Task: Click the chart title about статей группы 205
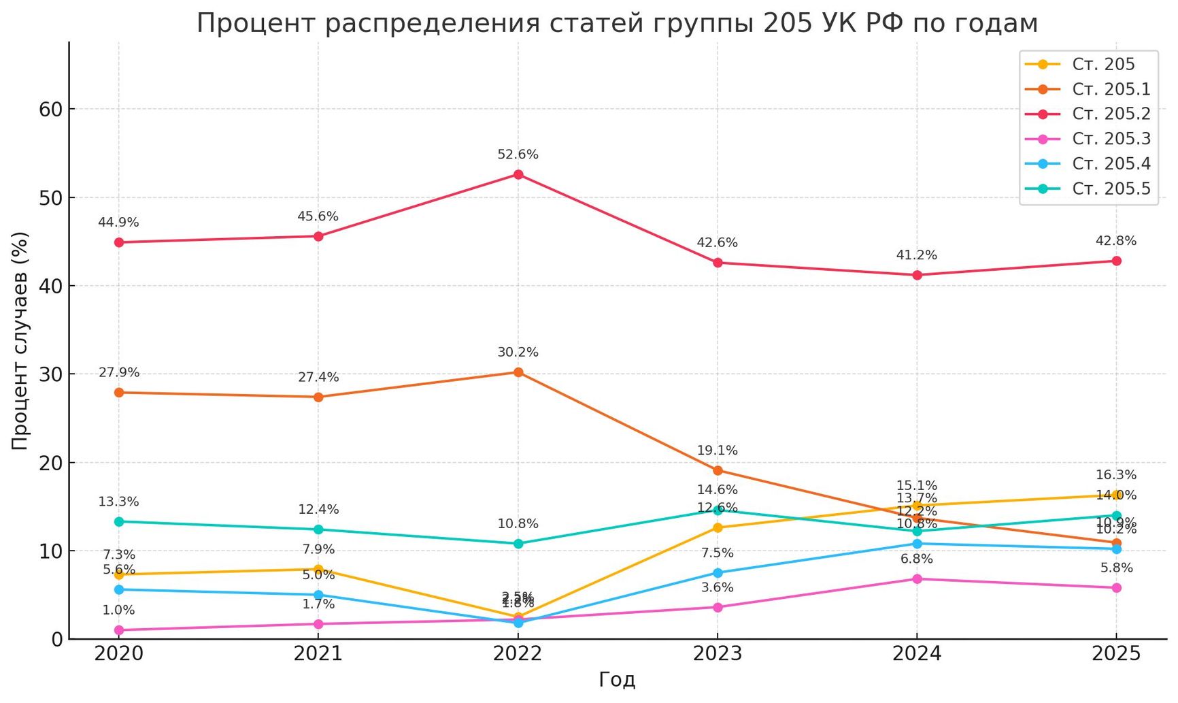click(617, 24)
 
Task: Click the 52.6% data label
click(518, 155)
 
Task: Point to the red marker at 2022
click(518, 175)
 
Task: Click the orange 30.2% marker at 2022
click(518, 372)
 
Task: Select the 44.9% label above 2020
click(118, 223)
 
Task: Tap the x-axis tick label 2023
click(717, 655)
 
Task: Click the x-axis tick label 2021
click(318, 655)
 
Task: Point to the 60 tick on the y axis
click(51, 110)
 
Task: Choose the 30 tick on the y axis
click(51, 374)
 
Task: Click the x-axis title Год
click(617, 680)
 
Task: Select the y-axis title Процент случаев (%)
click(20, 340)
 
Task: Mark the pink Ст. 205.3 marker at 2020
click(119, 630)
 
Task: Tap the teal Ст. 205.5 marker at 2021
click(318, 529)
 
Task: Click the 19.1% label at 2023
click(717, 451)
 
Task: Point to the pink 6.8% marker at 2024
click(917, 579)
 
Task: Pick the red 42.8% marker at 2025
click(1116, 261)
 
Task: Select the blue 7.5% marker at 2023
click(718, 573)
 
